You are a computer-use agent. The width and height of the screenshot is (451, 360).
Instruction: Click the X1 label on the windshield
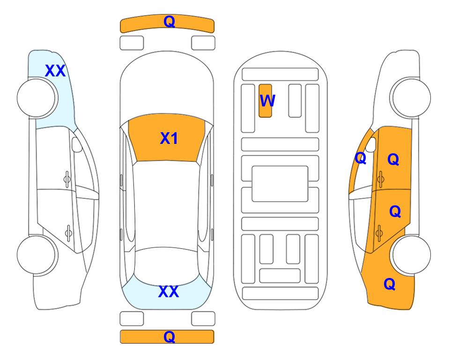pyautogui.click(x=169, y=138)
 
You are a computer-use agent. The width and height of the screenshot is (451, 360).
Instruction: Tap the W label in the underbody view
pyautogui.click(x=267, y=100)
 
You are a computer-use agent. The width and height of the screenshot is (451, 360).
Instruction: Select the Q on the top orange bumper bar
pyautogui.click(x=169, y=22)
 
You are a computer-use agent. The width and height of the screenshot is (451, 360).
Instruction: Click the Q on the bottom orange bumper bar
pyautogui.click(x=169, y=337)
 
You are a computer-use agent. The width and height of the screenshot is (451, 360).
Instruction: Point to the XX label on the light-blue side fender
pyautogui.click(x=55, y=71)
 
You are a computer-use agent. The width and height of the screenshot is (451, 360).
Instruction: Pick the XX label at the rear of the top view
pyautogui.click(x=169, y=292)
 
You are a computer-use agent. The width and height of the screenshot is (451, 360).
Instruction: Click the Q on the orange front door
pyautogui.click(x=393, y=159)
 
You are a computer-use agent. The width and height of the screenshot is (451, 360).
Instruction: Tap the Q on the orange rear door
pyautogui.click(x=395, y=211)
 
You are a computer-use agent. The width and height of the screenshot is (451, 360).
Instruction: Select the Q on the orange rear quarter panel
pyautogui.click(x=390, y=284)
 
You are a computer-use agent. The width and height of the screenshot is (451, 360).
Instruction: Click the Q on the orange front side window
pyautogui.click(x=361, y=158)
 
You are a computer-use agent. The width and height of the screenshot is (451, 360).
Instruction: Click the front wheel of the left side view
pyautogui.click(x=37, y=98)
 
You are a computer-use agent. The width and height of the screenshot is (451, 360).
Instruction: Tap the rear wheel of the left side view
pyautogui.click(x=37, y=255)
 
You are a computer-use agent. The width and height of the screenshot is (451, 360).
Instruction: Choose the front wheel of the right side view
pyautogui.click(x=411, y=98)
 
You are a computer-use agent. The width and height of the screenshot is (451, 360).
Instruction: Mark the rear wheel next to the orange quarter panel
pyautogui.click(x=411, y=255)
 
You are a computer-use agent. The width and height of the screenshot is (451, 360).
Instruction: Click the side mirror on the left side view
pyautogui.click(x=76, y=144)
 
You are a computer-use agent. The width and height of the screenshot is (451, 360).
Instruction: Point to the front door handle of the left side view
pyautogui.click(x=67, y=180)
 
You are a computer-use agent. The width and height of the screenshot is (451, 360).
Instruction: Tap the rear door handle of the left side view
pyautogui.click(x=68, y=232)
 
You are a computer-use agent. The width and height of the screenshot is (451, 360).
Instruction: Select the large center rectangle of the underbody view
pyautogui.click(x=280, y=184)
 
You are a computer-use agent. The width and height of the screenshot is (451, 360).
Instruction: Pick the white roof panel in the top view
pyautogui.click(x=166, y=204)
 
